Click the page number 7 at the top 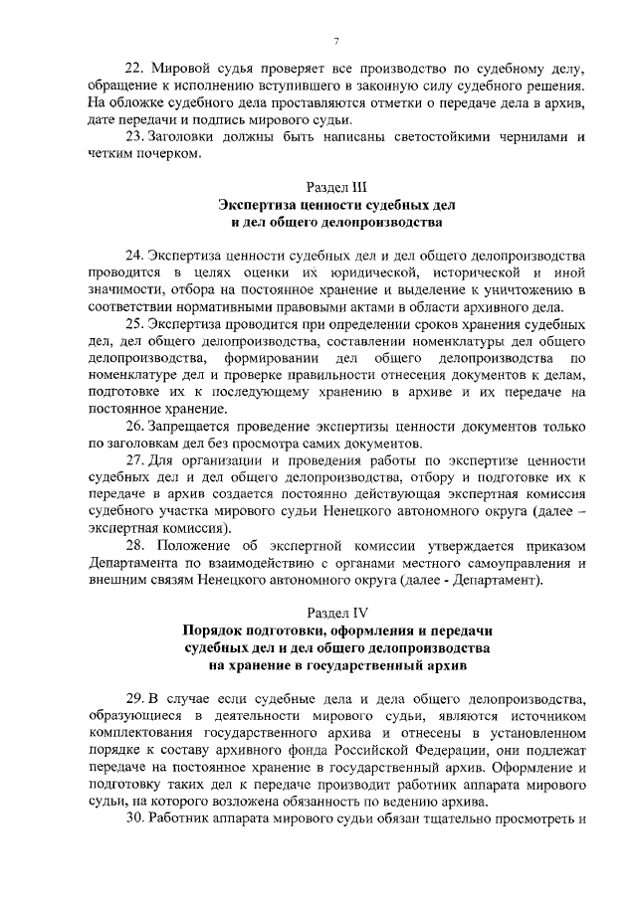(336, 40)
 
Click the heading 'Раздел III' (335, 186)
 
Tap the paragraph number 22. (133, 68)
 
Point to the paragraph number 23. (133, 136)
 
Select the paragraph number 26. (133, 426)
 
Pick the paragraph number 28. (134, 546)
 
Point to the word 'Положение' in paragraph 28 (191, 546)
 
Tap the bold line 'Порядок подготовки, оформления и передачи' (335, 630)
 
